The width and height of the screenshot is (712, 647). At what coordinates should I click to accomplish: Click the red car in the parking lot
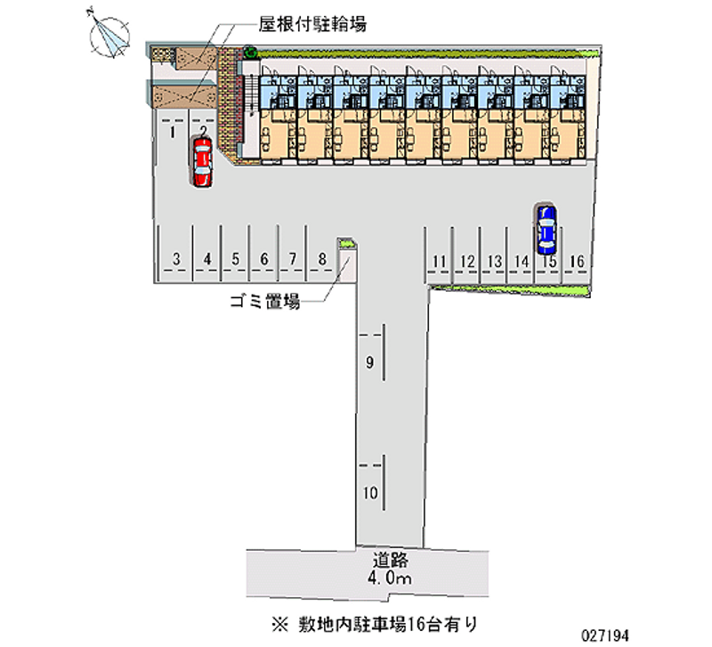point(202,162)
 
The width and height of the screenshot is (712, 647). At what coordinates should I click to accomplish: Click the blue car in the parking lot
point(546,228)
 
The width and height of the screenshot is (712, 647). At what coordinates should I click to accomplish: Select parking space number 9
point(369,362)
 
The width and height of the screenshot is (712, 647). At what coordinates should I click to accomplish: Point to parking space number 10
point(370,492)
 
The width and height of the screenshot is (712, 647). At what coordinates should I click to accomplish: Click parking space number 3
point(177,260)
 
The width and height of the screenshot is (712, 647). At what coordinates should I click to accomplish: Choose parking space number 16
point(577,261)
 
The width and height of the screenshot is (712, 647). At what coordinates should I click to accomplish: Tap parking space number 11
point(439,261)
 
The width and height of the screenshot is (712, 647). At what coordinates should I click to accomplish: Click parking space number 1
point(170,133)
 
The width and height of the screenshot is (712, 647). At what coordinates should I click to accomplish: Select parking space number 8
point(322,260)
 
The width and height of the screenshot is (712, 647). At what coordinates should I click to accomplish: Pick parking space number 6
point(264,260)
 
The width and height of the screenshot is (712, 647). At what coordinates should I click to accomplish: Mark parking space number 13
point(494,261)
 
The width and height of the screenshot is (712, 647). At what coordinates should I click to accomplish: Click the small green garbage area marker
point(346,243)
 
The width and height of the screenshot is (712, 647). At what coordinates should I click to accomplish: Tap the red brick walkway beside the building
point(235,102)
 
